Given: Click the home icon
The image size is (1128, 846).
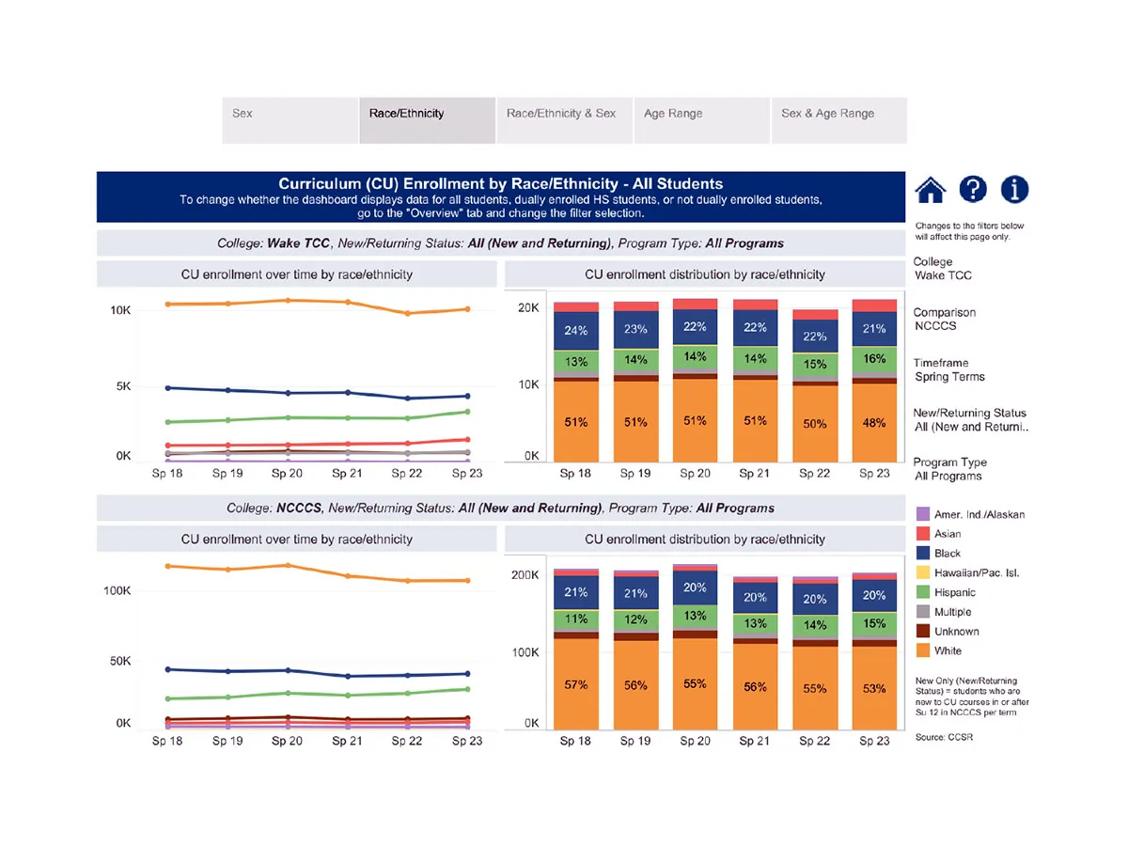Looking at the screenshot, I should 930,190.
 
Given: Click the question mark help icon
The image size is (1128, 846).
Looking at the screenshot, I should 972,190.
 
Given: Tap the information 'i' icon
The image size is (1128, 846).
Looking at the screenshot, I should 1014,190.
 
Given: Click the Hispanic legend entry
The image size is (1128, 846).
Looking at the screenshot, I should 954,592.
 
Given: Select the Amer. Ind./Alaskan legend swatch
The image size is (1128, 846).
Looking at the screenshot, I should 922,514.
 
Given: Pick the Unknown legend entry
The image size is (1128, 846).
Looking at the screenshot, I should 956,632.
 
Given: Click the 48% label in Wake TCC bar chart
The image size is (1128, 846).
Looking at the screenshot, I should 874,423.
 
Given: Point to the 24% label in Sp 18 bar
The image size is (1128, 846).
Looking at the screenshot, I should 576,331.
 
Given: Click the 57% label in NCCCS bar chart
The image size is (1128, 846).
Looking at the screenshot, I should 576,685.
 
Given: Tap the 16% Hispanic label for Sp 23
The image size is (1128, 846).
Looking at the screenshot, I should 874,359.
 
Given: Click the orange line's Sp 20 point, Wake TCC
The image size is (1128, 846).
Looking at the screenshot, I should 288,301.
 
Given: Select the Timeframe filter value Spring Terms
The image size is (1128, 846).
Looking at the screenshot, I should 949,377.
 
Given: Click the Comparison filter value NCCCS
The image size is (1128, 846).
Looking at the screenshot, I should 937,326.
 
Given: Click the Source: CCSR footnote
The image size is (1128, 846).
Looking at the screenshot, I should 943,738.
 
